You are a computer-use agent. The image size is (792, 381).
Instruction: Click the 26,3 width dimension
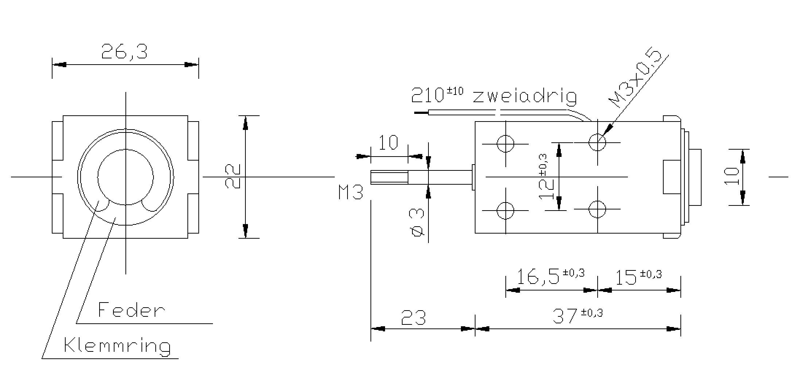(124, 52)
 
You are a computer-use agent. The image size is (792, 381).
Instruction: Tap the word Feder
(131, 310)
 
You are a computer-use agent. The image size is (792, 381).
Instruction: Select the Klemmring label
(117, 345)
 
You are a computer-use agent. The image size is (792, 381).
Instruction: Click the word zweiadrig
(525, 96)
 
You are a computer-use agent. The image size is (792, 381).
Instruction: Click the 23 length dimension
(413, 317)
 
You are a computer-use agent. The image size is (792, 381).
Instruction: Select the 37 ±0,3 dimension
(578, 315)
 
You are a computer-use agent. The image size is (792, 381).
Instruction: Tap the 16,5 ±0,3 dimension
(550, 276)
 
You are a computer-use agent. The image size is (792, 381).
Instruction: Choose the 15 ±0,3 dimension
(638, 277)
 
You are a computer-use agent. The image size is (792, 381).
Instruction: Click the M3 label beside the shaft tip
(351, 192)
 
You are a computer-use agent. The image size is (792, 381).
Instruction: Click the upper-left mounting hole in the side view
(505, 144)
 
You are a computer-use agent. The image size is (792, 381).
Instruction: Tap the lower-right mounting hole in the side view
(597, 209)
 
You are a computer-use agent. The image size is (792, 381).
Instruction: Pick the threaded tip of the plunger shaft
(389, 177)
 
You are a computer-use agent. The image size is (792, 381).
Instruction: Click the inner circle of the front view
(125, 177)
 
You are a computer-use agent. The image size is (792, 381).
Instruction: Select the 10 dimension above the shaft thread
(389, 143)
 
